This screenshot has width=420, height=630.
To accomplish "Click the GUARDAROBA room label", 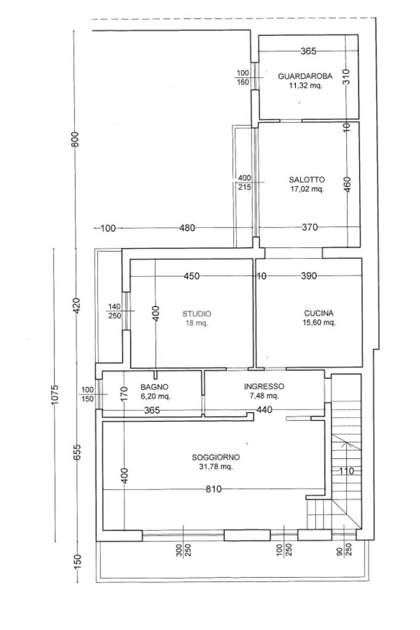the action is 305,76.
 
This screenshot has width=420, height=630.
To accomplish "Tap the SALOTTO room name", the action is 307,180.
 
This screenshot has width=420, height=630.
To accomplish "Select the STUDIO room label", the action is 197,314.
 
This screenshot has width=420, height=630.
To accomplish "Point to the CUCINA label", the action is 319,313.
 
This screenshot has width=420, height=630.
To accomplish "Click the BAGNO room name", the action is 154,387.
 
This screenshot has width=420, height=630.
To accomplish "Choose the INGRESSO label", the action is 264,386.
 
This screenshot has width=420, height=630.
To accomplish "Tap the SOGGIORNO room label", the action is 216,457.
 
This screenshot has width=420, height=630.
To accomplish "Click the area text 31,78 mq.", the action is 216,467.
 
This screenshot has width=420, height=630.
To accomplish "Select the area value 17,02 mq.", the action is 307,189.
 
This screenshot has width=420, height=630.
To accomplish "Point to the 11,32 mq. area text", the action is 305,86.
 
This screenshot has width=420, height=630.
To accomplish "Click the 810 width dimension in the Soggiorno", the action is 213,489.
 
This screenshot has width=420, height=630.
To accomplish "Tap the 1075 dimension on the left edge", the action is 55,395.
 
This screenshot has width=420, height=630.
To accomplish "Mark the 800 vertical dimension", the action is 75,139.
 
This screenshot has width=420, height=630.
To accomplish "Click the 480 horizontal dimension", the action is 187,228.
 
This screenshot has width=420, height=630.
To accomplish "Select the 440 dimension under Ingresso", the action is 264,410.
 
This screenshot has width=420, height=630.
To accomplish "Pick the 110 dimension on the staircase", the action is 346,471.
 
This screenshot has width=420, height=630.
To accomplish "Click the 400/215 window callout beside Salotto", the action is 245,182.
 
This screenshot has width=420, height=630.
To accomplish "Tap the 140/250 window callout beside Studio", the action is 114,311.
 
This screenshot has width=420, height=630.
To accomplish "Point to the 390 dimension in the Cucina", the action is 309,276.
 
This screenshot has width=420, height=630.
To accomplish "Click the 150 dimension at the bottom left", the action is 77,561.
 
